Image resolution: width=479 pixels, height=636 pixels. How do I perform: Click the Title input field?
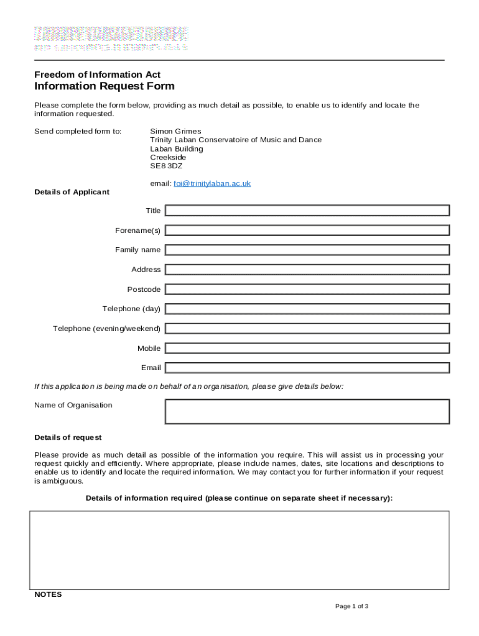coord(307,211)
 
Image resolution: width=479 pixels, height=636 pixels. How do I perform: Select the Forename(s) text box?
coord(307,230)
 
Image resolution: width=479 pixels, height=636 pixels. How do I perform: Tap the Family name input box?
coord(307,250)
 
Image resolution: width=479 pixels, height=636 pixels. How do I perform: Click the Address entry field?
coord(307,270)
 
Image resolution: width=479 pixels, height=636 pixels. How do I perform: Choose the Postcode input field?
coord(307,289)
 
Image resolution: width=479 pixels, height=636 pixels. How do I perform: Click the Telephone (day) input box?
coord(307,309)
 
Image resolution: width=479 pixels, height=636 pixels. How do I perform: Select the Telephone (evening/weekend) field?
coord(307,329)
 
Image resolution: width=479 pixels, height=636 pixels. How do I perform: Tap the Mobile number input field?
coord(307,348)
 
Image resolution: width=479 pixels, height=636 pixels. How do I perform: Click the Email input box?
coord(307,368)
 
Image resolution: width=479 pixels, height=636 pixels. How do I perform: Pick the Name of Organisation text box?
coord(307,411)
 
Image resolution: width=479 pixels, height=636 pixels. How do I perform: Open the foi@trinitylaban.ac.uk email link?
coord(212,184)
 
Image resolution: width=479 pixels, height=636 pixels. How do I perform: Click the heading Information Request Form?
coord(104,86)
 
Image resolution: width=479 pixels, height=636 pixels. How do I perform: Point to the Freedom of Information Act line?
coord(97,75)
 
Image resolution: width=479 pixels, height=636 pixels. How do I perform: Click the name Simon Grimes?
coord(175,132)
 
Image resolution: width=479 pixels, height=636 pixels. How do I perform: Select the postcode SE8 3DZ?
coord(166,166)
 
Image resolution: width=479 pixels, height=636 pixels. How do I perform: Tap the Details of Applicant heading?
coord(72,192)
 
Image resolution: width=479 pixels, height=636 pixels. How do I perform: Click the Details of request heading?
coord(68,438)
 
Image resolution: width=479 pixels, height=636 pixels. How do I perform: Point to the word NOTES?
coord(48,594)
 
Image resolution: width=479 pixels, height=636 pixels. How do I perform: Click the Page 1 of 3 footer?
coord(351,606)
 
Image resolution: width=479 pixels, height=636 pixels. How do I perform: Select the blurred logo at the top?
coord(111,38)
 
